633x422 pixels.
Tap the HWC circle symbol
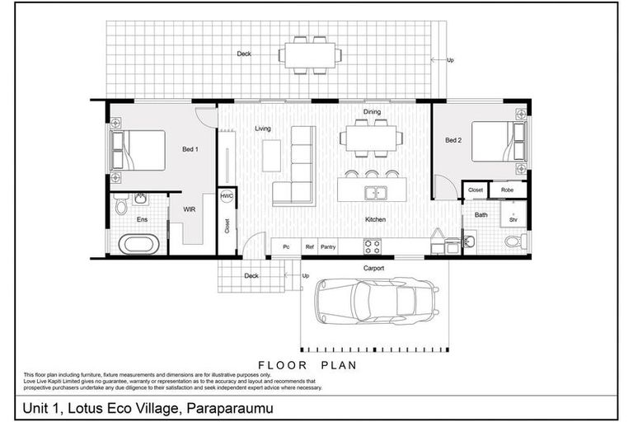point(227,197)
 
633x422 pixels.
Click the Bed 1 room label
point(191,149)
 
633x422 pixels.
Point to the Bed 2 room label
point(453,140)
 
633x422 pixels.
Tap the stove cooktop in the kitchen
point(372,245)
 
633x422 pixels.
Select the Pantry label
point(328,246)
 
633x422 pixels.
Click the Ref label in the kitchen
point(309,246)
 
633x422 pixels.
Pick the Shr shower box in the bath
point(513,218)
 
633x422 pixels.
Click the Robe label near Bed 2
point(508,190)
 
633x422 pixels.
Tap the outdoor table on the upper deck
point(310,55)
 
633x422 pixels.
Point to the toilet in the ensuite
point(121,204)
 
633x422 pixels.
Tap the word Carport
point(374,268)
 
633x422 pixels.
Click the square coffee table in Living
point(271,155)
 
